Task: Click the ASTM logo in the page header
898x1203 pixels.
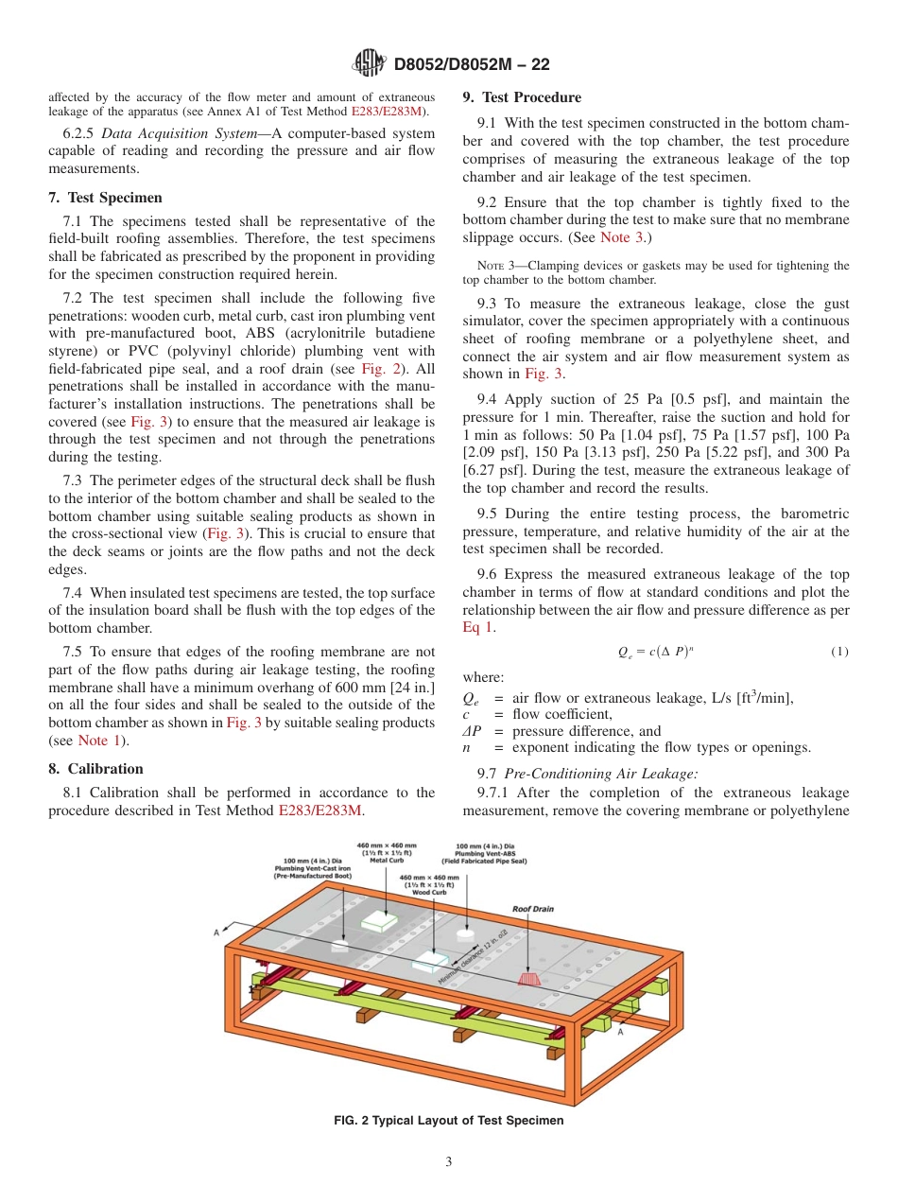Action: (369, 63)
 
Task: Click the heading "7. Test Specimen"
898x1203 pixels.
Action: (105, 198)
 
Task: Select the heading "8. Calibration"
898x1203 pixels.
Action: (95, 769)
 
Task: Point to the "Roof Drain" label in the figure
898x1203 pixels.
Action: (533, 909)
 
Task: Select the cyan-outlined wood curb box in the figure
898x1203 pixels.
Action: (431, 962)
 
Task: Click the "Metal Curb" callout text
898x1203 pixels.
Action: (386, 860)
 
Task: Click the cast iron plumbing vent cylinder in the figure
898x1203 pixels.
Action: (340, 945)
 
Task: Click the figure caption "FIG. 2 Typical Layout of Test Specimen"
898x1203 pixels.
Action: (448, 1121)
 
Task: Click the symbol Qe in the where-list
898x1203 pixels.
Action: (470, 699)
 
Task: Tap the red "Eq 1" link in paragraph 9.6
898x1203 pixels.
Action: (477, 628)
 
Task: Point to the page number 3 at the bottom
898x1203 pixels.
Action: (449, 1162)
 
